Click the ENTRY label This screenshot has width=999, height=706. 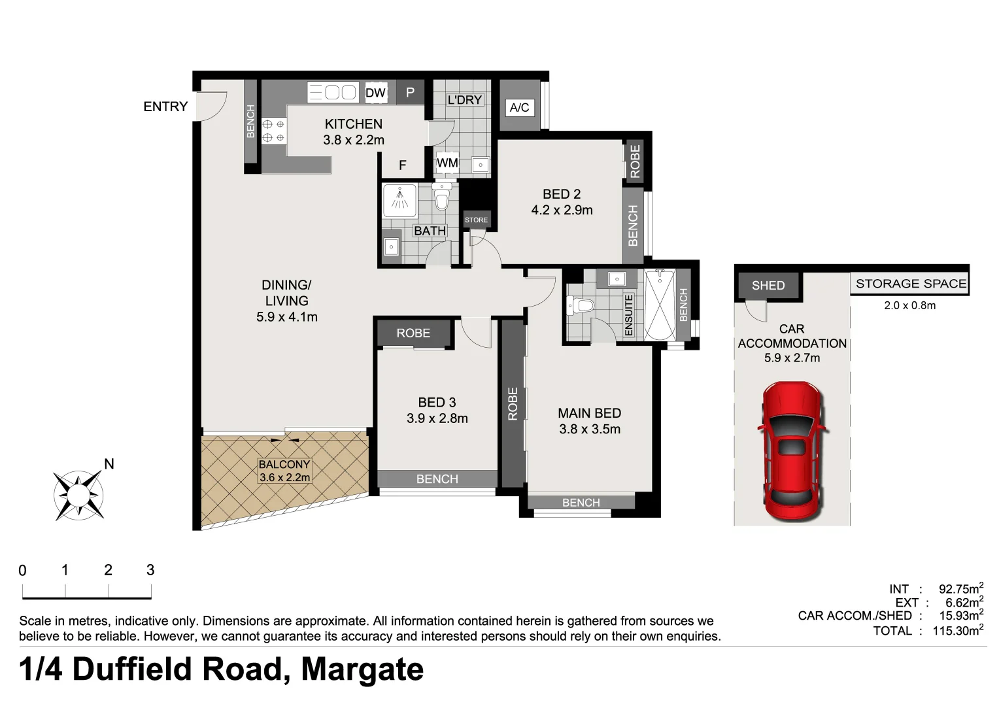[x=165, y=107]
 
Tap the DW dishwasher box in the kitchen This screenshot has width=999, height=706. [x=375, y=93]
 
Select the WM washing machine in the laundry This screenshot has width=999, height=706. [x=447, y=163]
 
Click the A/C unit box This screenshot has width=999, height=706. [x=520, y=107]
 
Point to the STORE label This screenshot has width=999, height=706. [x=477, y=220]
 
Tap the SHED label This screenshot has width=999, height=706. [x=768, y=286]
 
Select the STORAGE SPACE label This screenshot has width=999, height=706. [x=911, y=284]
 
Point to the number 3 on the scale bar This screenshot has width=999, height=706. [x=150, y=570]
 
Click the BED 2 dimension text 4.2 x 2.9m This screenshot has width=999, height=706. [x=562, y=210]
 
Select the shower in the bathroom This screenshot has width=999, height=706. [x=399, y=200]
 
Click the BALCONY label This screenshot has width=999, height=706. [x=284, y=465]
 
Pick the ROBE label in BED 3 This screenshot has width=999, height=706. [x=413, y=333]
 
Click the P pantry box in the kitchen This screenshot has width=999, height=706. [x=410, y=92]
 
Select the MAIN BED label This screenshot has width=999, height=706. [x=589, y=413]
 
